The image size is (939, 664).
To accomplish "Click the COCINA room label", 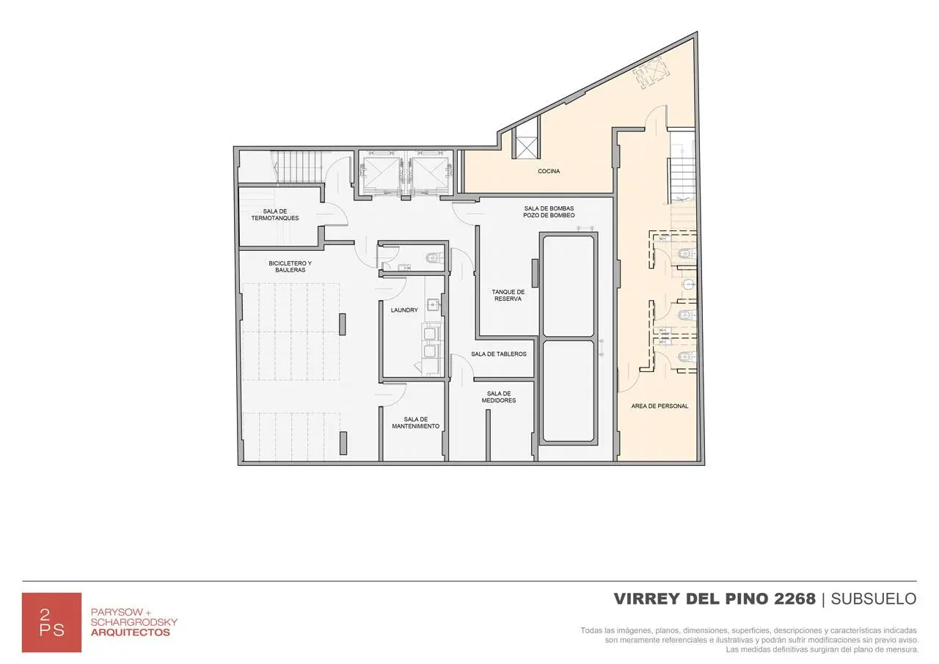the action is (549, 171).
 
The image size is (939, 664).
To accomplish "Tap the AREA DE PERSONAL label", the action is (660, 406).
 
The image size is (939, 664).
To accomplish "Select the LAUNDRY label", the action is (404, 310).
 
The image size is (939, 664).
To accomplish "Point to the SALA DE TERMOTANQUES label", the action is (275, 215).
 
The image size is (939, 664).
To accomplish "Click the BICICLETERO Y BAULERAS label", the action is (290, 266).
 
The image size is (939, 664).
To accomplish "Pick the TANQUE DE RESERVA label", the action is (508, 295).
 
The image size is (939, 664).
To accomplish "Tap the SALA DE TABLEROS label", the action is (499, 354).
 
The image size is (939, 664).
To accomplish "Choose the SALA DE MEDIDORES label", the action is (499, 397).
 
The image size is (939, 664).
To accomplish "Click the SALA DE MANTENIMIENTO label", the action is (416, 423).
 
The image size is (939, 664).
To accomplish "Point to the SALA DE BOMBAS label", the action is (549, 208).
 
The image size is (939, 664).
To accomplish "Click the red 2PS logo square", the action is (51, 622).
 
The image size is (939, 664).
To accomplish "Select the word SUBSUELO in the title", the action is (874, 599).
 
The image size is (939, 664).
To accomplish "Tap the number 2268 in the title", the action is (794, 599).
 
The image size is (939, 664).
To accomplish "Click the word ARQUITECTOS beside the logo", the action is (131, 632).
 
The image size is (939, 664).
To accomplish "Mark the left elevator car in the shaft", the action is (381, 174).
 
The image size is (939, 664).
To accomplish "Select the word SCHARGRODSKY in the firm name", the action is (134, 622).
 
